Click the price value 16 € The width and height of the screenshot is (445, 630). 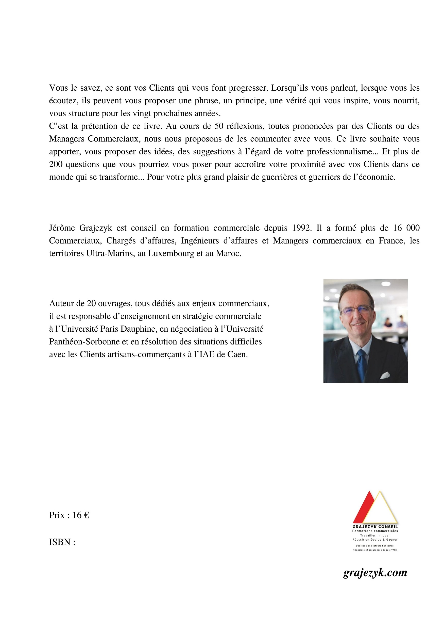coord(81,515)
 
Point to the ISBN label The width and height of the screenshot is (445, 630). coord(62,542)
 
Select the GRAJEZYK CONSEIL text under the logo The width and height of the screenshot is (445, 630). coord(375,527)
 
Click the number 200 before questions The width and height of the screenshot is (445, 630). coord(56,164)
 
